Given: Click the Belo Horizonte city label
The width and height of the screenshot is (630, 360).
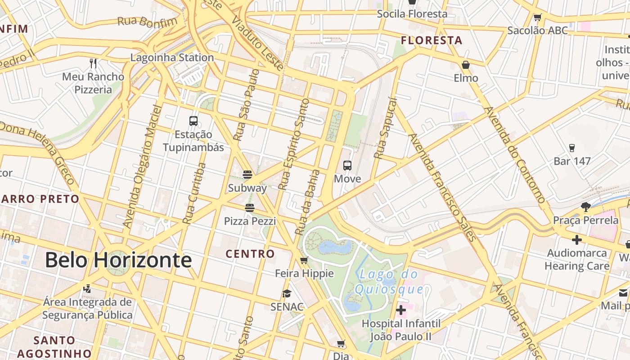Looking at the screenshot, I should click(x=118, y=260).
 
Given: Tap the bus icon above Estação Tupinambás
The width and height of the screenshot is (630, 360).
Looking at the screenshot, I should click(x=193, y=121).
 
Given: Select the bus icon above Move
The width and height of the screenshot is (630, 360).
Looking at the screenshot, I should click(x=347, y=165).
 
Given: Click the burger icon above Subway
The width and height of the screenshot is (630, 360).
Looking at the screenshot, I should click(x=247, y=174).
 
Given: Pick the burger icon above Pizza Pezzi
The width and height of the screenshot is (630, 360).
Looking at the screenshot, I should click(x=250, y=207).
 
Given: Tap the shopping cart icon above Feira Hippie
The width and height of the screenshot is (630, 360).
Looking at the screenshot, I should click(x=304, y=260).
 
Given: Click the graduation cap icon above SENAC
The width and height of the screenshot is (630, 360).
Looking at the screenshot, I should click(x=287, y=294).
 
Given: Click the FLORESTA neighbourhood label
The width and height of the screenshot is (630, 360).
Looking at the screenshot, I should click(x=432, y=40).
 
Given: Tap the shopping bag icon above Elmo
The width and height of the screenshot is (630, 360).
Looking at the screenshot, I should click(x=466, y=65).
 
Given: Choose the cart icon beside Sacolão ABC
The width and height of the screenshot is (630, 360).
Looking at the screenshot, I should click(x=537, y=18).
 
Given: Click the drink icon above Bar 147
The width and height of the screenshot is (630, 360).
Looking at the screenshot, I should click(x=572, y=148).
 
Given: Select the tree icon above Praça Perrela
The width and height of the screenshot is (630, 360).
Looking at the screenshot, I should click(x=585, y=207).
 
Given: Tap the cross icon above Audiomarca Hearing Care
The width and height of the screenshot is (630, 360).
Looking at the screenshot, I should click(x=576, y=240).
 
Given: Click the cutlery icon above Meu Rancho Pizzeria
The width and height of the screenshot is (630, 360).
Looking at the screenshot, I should click(x=93, y=63).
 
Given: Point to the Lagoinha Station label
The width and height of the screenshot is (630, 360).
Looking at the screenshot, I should click(x=172, y=58).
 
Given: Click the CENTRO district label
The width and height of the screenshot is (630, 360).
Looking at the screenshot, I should click(x=250, y=254).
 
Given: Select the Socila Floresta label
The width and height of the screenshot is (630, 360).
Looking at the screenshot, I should click(x=412, y=14).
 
